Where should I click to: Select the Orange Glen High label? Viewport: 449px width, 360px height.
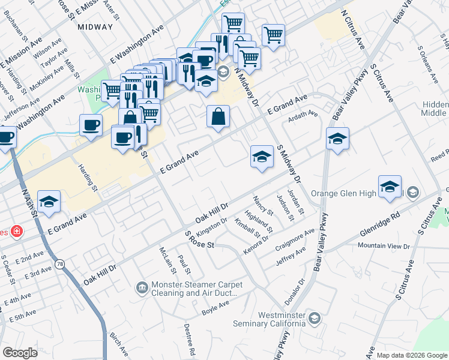click(343, 193)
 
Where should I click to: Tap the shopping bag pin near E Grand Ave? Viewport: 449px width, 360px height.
click(219, 116)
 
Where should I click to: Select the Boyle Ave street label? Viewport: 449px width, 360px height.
click(216, 309)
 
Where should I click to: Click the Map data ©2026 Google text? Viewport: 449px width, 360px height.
click(412, 355)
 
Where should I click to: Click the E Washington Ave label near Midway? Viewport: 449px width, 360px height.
click(137, 46)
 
